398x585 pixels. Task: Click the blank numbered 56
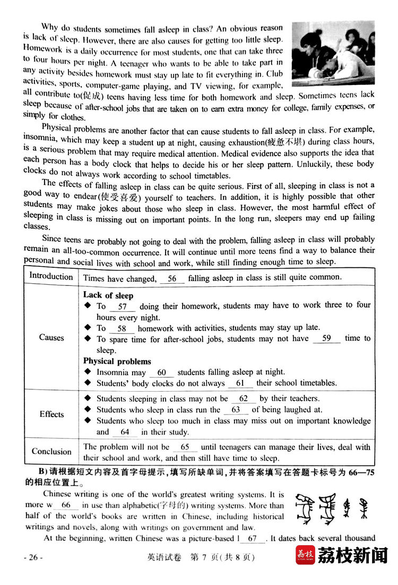point(172,278)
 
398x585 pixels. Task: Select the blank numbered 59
point(326,338)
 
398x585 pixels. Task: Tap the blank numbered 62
point(244,399)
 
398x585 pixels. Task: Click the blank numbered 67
point(253,538)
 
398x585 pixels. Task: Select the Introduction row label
point(51,276)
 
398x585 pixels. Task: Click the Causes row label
point(51,338)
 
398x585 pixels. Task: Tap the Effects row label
point(51,414)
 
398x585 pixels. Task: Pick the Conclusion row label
point(51,452)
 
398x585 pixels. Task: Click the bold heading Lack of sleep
point(108,295)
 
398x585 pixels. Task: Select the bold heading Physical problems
point(117,361)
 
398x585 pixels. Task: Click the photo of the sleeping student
point(333,53)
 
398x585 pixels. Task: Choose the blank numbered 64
point(125,433)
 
